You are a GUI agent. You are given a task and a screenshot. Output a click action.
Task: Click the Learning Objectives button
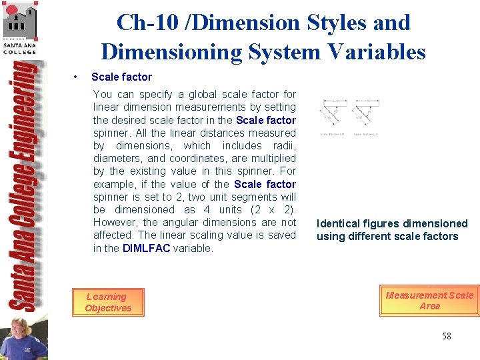pyautogui.click(x=107, y=303)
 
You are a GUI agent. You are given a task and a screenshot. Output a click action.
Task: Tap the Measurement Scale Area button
pyautogui.click(x=429, y=301)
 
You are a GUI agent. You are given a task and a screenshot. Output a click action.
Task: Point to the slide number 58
pyautogui.click(x=446, y=336)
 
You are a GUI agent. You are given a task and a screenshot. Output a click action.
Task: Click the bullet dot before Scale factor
pyautogui.click(x=78, y=77)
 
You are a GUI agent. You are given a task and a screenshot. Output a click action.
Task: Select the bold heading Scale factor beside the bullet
pyautogui.click(x=121, y=77)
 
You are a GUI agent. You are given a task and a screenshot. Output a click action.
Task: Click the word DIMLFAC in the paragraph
pyautogui.click(x=146, y=248)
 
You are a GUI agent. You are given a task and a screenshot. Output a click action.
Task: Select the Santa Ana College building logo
pyautogui.click(x=20, y=27)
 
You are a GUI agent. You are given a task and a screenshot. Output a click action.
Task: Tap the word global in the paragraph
pyautogui.click(x=204, y=94)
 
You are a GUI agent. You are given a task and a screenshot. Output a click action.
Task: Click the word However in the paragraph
pyautogui.click(x=115, y=222)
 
